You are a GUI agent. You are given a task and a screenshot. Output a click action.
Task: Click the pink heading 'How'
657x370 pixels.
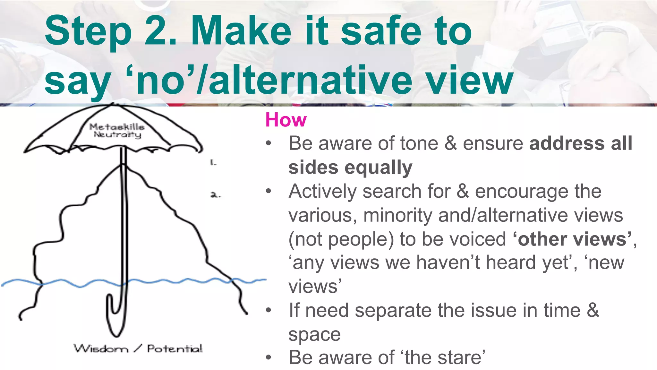(x=286, y=120)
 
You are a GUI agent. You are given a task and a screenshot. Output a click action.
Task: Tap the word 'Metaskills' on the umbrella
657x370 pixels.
(x=117, y=127)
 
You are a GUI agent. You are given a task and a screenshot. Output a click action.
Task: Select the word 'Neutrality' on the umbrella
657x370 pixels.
(x=117, y=135)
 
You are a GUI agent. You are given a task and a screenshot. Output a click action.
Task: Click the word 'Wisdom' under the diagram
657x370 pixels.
(x=101, y=348)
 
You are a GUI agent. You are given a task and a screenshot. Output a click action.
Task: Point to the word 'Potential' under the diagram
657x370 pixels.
(x=175, y=348)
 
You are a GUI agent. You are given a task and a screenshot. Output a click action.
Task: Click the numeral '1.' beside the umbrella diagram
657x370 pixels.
(x=213, y=163)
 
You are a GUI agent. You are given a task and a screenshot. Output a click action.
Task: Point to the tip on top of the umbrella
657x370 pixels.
(x=112, y=104)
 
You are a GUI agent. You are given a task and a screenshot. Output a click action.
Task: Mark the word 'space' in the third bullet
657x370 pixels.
(x=314, y=335)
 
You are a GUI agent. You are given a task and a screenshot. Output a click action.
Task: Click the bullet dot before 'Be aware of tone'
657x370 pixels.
(x=269, y=143)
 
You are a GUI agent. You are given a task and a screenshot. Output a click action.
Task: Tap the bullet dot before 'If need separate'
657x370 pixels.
(x=269, y=311)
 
